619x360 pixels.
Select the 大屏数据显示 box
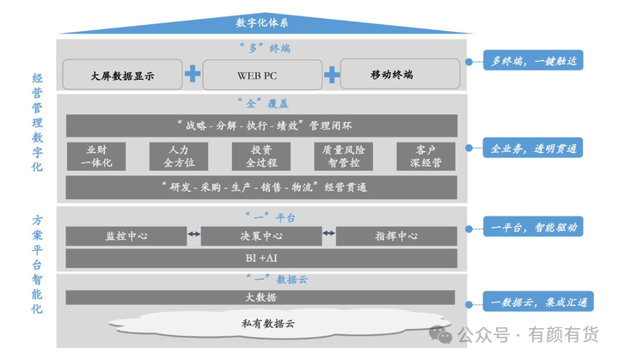pos(122,75)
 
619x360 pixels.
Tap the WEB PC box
pos(260,75)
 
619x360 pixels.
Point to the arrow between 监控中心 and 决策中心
pos(193,234)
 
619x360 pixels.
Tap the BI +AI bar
pos(260,258)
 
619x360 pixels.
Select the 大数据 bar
pos(260,297)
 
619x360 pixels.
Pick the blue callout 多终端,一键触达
pos(526,62)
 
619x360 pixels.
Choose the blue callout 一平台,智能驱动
pos(526,229)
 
